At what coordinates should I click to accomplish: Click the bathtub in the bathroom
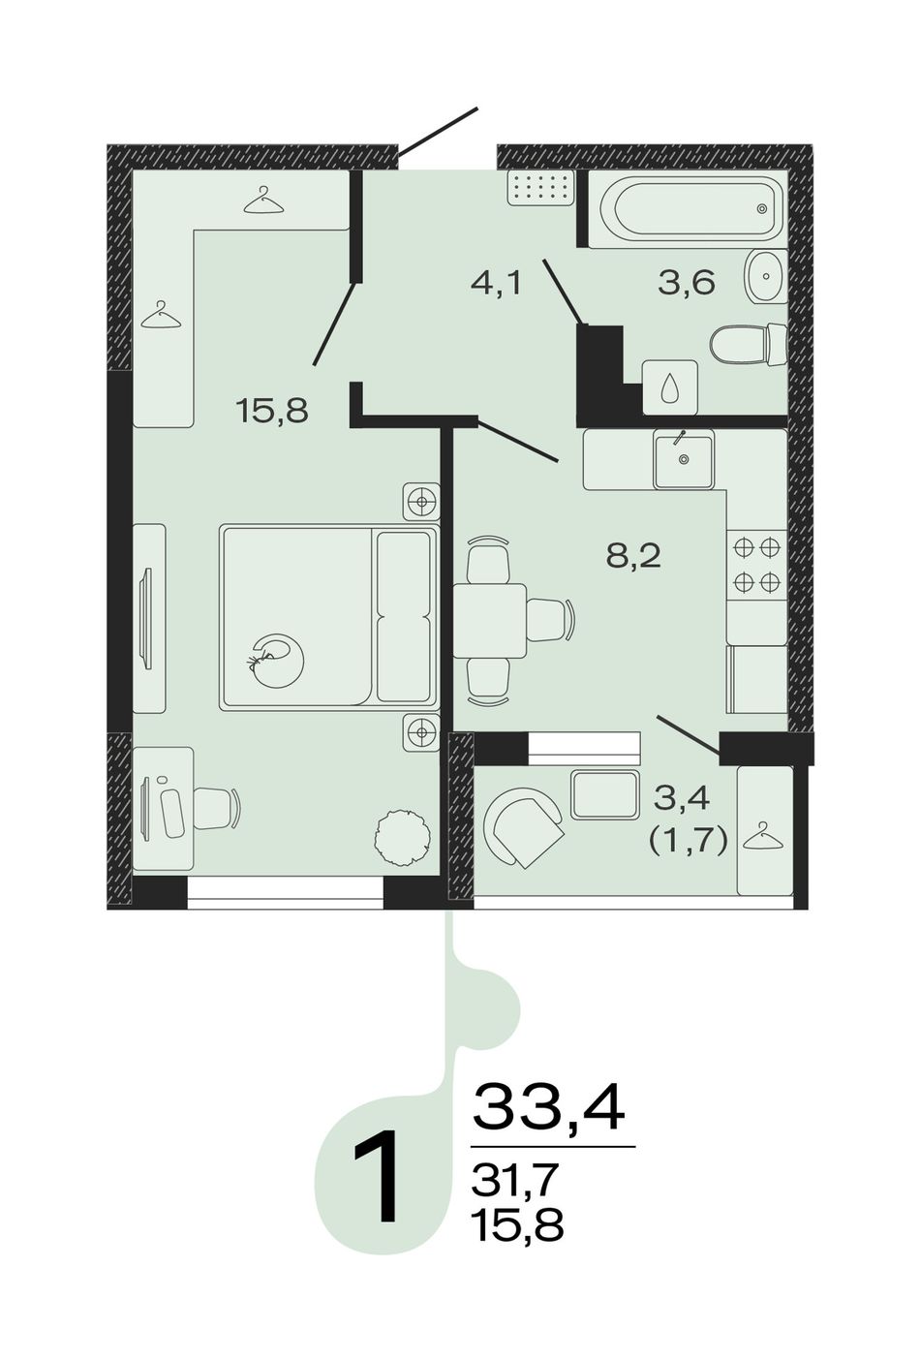[688, 208]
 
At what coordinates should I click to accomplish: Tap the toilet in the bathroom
[749, 345]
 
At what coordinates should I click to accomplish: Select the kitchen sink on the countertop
[683, 459]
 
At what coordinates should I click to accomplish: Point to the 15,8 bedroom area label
[273, 412]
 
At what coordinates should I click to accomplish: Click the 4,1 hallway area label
[496, 283]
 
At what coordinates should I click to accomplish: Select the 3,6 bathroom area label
[687, 283]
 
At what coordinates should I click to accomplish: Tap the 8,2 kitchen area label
[633, 556]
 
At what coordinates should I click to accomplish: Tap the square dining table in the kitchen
[490, 621]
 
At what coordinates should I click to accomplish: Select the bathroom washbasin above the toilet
[765, 276]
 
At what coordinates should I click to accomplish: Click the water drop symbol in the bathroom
[670, 387]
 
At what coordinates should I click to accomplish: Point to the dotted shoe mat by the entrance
[541, 188]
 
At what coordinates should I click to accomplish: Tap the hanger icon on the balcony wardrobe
[763, 834]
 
